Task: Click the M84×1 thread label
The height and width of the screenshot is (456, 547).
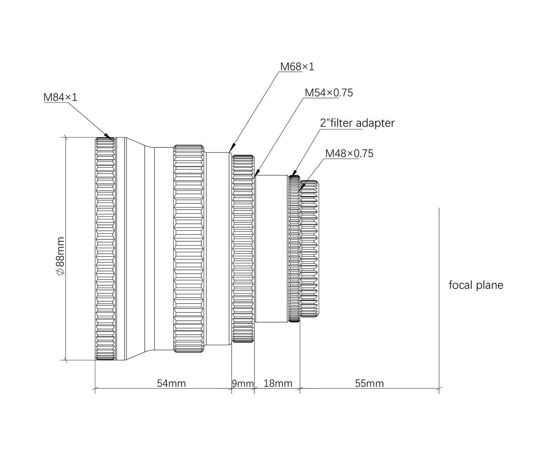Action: click(x=60, y=97)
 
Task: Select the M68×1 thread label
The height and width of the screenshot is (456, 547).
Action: click(x=297, y=67)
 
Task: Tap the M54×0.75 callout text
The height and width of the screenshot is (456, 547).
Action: click(x=329, y=93)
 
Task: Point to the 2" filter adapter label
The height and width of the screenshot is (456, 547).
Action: click(x=357, y=123)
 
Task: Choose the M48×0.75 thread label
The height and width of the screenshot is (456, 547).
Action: click(x=349, y=154)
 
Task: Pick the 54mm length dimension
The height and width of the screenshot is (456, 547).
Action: click(x=171, y=383)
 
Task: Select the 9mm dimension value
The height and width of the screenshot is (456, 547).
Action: click(x=243, y=383)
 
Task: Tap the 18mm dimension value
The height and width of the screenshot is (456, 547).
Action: click(x=278, y=383)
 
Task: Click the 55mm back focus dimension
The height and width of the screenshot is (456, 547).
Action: click(x=369, y=383)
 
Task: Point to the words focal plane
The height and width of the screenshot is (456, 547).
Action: click(x=476, y=285)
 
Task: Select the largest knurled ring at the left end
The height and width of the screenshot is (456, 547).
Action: click(x=105, y=249)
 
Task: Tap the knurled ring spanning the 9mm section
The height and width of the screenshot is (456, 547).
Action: click(x=243, y=249)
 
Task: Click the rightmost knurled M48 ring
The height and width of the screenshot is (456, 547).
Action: click(x=309, y=249)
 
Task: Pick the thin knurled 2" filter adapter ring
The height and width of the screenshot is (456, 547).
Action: click(x=294, y=249)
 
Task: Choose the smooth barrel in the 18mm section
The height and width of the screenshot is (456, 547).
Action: click(x=272, y=249)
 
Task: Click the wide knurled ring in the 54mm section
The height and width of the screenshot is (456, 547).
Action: click(x=189, y=249)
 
